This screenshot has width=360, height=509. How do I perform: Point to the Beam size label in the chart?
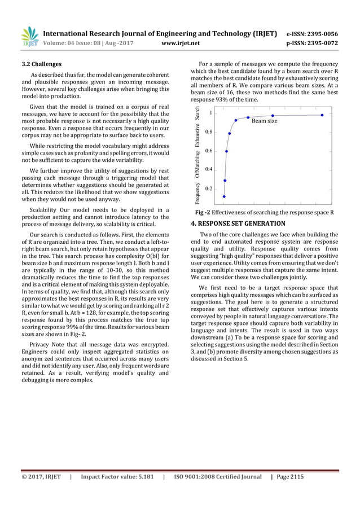pyautogui.click(x=264, y=121)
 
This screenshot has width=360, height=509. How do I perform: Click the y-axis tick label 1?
pyautogui.click(x=210, y=113)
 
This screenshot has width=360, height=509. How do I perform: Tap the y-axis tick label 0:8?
pyautogui.click(x=209, y=131)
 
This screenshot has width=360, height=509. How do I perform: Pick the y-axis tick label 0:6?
pyautogui.click(x=209, y=151)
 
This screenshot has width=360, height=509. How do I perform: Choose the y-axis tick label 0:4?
pyautogui.click(x=209, y=169)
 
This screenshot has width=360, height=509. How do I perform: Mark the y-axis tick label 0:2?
pyautogui.click(x=209, y=188)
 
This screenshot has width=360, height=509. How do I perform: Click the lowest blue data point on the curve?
pyautogui.click(x=224, y=196)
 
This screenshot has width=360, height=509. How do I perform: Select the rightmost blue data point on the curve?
pyautogui.click(x=322, y=115)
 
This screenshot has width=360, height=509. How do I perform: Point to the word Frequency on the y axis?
pyautogui.click(x=198, y=193)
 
